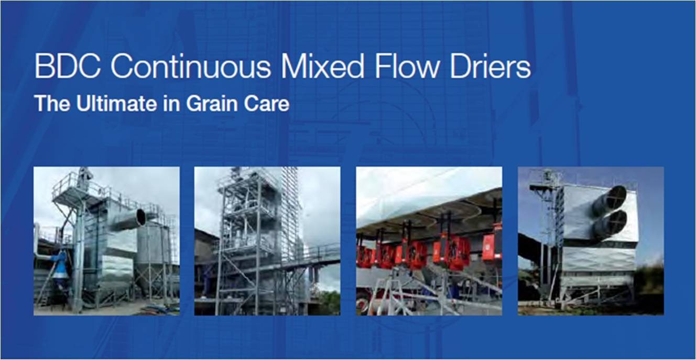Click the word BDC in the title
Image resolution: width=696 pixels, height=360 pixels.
point(68,67)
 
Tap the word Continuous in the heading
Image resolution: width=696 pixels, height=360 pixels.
point(191,67)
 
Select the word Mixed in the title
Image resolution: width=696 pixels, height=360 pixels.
point(322,67)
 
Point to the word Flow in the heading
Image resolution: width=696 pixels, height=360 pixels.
point(407,67)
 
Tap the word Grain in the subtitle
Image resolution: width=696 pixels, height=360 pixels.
point(211,103)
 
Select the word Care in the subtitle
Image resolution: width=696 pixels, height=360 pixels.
point(267,103)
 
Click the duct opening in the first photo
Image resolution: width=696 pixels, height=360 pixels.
point(141,217)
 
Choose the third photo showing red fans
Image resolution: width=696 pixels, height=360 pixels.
point(429,241)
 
